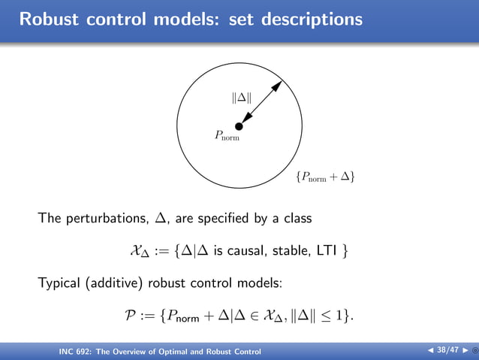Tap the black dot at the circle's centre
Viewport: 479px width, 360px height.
coord(239,127)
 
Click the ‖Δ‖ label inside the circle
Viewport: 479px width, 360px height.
coord(241,97)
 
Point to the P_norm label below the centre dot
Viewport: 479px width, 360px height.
coord(227,136)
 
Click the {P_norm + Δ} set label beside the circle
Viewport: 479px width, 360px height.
coord(325,177)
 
